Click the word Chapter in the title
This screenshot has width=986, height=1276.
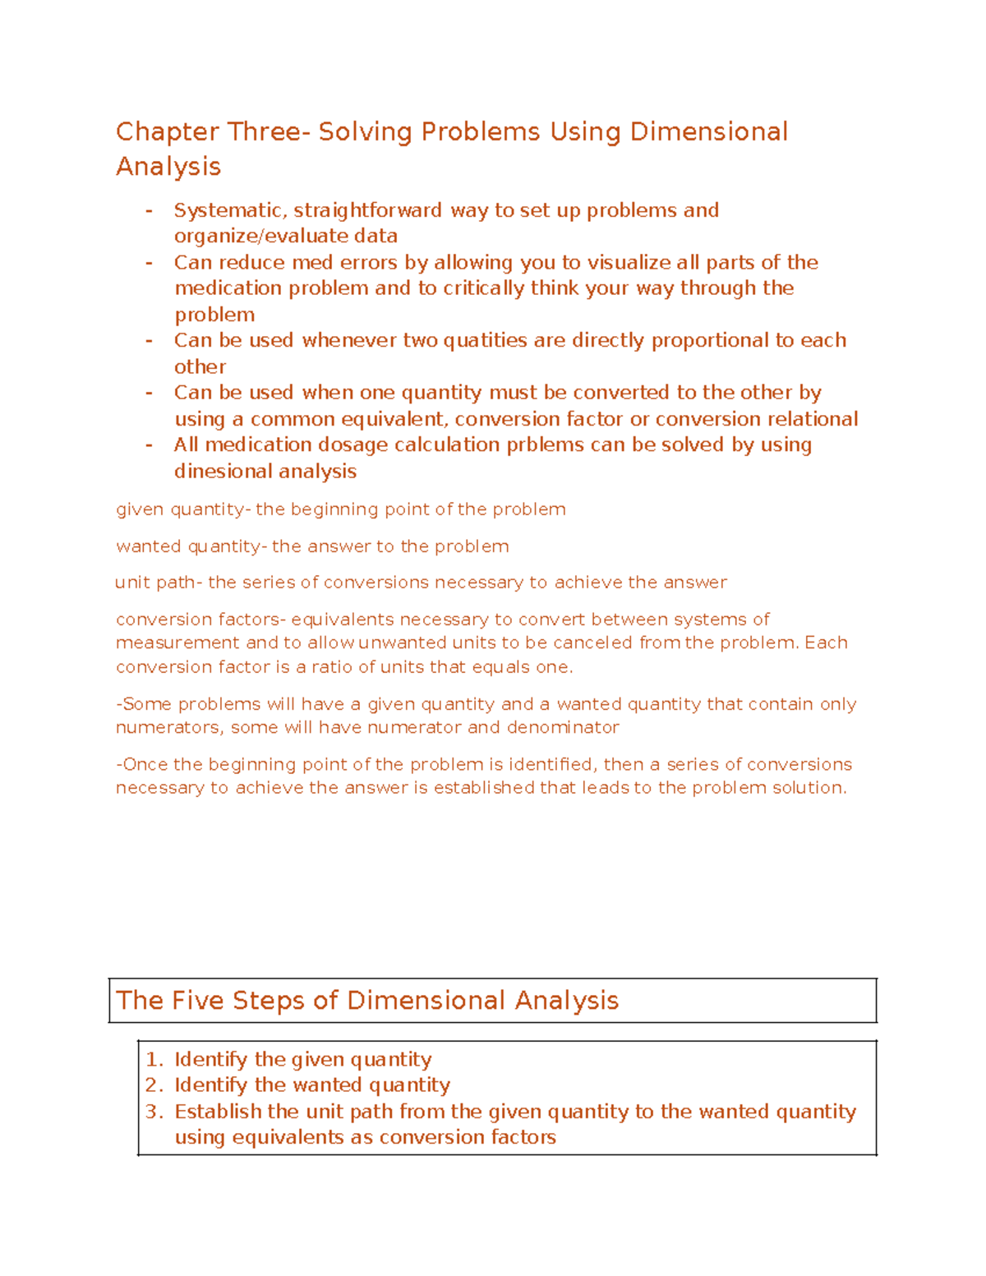point(167,131)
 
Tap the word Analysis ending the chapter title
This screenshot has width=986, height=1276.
point(168,167)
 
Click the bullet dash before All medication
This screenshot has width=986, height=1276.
point(149,445)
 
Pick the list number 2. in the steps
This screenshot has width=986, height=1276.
point(154,1085)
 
